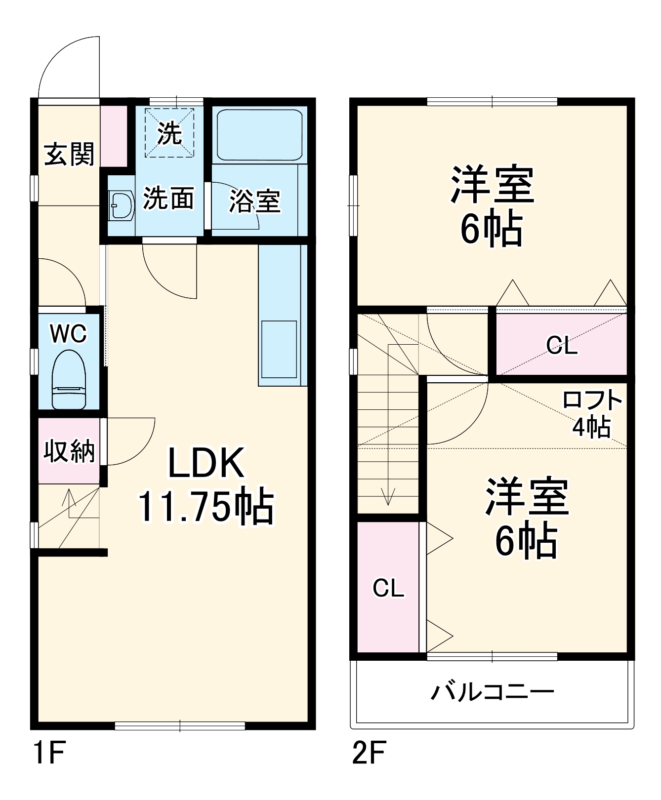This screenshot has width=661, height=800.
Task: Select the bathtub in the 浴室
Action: click(x=259, y=135)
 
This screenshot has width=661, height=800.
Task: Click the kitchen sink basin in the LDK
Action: click(x=279, y=349)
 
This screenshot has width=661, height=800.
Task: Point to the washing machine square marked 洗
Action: click(x=169, y=133)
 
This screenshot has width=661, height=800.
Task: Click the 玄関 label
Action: click(x=69, y=154)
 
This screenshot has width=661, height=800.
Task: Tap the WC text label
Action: click(x=68, y=334)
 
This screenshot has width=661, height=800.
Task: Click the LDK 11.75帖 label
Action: click(x=206, y=485)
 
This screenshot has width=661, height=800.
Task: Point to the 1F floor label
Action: click(x=48, y=753)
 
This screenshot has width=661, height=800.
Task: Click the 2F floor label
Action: click(x=369, y=753)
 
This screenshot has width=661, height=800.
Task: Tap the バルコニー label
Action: click(x=493, y=692)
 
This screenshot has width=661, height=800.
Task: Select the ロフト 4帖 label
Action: click(x=592, y=414)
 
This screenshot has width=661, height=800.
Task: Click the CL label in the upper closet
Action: click(x=562, y=345)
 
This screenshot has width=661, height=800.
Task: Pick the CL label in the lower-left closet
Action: click(x=388, y=588)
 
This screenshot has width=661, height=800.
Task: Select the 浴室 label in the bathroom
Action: click(x=254, y=201)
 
